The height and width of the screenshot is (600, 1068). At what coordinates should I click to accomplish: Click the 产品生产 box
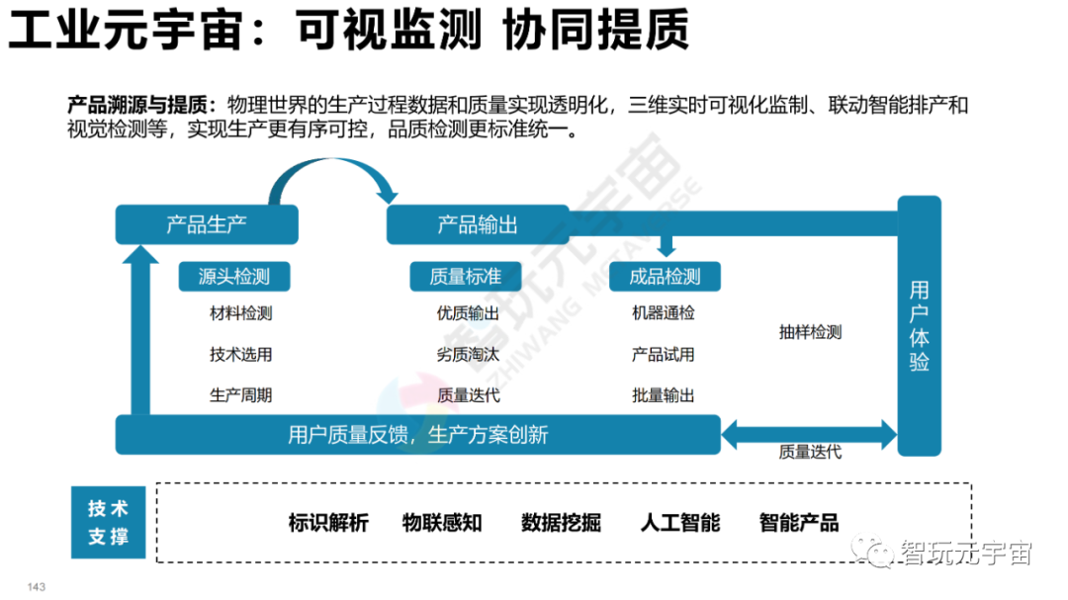coord(207,224)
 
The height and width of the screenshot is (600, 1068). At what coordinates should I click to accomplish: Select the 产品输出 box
coord(478,224)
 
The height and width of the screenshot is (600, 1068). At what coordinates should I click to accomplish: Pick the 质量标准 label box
coord(465,277)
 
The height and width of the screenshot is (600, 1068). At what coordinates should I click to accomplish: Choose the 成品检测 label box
coord(665,277)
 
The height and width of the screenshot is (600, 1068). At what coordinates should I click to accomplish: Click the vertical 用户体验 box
coord(919,325)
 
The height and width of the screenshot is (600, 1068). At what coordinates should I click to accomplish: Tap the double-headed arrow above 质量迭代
coord(809,430)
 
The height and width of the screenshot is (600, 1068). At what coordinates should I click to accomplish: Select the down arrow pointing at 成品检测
coord(666,246)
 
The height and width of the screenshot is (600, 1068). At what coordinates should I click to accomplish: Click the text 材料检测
coord(240,314)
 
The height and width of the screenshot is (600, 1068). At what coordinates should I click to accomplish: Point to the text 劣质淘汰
coord(468,355)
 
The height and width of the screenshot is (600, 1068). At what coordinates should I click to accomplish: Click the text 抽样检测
coord(810,333)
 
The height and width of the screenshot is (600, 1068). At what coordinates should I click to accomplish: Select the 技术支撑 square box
coord(108,523)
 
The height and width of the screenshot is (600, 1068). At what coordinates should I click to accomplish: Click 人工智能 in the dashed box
coord(680,523)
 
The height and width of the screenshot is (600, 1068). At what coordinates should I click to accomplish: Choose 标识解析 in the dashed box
coord(328,523)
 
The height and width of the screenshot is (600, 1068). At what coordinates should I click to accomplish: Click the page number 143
coord(37,587)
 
